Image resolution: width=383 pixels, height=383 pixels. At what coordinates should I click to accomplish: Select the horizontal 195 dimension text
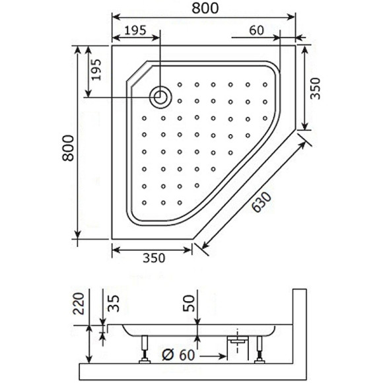tap(135, 29)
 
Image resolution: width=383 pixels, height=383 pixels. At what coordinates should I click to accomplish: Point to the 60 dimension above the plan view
tap(257, 29)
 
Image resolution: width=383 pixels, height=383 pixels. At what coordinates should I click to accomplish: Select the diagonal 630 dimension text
tap(263, 201)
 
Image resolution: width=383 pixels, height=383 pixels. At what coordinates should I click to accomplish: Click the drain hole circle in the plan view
tap(160, 97)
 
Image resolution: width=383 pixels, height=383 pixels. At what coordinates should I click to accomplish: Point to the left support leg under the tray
tap(143, 348)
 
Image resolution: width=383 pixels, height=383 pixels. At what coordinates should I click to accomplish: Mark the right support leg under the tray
tap(261, 348)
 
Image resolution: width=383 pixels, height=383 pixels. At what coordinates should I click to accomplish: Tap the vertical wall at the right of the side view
tap(298, 327)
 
